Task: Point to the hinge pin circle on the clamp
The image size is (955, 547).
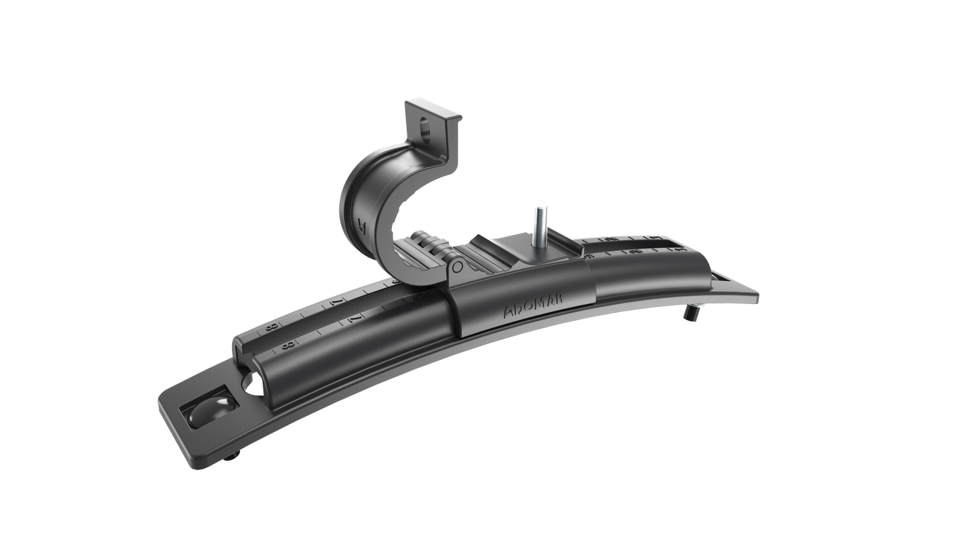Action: tap(456, 268)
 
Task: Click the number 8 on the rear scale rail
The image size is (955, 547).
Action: tap(272, 327)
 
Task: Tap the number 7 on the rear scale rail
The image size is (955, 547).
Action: tap(336, 302)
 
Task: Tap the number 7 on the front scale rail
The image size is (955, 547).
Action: tap(353, 318)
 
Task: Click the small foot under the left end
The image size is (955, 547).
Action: tap(231, 457)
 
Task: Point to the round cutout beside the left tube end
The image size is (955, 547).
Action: tap(252, 383)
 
